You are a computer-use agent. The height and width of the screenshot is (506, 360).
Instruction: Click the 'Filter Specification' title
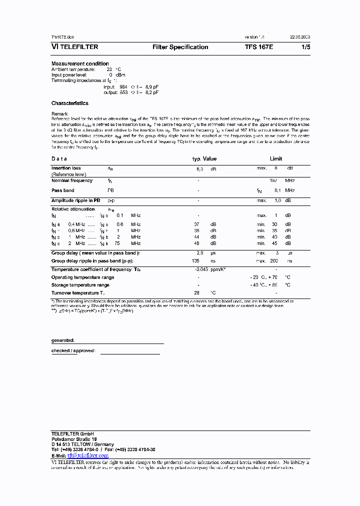pyautogui.click(x=180, y=47)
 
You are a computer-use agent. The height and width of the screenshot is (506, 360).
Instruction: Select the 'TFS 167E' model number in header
pyautogui.click(x=259, y=47)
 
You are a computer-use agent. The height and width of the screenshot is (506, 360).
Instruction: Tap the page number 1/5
pyautogui.click(x=305, y=47)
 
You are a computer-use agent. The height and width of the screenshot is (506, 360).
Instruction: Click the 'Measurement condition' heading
pyautogui.click(x=80, y=63)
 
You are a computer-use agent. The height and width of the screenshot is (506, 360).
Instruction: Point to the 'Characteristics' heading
pyautogui.click(x=69, y=103)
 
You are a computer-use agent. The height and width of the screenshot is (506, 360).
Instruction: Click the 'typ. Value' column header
pyautogui.click(x=204, y=158)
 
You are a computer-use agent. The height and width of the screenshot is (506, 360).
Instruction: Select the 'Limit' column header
pyautogui.click(x=276, y=158)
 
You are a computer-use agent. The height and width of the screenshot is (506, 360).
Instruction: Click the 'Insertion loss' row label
pyautogui.click(x=66, y=168)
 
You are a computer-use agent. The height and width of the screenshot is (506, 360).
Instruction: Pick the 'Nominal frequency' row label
pyautogui.click(x=72, y=180)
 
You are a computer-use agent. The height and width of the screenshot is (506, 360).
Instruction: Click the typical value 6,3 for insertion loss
pyautogui.click(x=199, y=169)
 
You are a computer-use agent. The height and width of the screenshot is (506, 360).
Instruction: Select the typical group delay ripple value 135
pyautogui.click(x=195, y=261)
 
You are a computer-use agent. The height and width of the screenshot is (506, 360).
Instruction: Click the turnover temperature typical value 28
pyautogui.click(x=197, y=292)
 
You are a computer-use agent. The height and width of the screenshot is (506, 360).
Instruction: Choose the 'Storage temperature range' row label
pyautogui.click(x=80, y=285)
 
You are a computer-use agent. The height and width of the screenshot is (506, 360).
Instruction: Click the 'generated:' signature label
pyautogui.click(x=62, y=340)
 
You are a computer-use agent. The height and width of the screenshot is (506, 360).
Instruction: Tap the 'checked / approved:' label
pyautogui.click(x=73, y=350)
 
